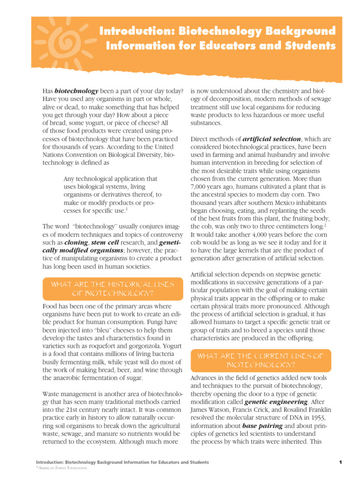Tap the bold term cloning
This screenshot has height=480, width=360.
coord(76,243)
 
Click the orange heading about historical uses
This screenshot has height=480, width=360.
coord(112,289)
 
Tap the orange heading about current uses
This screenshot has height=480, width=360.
coord(261,360)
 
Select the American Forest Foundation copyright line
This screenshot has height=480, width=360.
coord(58,468)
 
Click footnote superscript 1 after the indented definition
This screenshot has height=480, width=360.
coord(127,209)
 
